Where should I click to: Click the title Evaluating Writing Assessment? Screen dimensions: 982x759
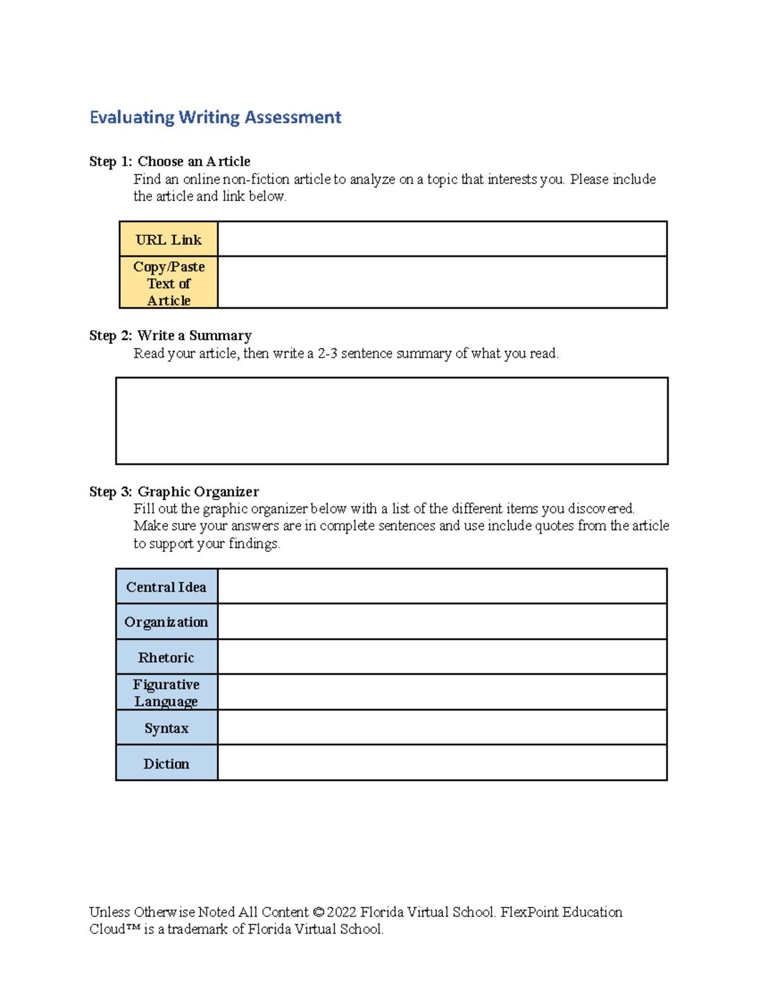(215, 118)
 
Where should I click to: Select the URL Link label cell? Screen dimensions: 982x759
(168, 240)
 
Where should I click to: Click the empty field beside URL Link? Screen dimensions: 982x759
(442, 239)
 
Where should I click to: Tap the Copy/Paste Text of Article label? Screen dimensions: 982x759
(168, 283)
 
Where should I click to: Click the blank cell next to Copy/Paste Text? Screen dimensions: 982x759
(442, 283)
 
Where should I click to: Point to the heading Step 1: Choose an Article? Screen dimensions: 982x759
(170, 162)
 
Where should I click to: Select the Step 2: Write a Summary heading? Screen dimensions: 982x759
(170, 336)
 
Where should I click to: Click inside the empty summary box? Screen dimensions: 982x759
(392, 421)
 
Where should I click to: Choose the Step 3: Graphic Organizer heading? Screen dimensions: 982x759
(174, 492)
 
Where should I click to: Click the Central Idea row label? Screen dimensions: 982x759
(166, 587)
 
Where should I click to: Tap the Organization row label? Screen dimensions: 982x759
(166, 622)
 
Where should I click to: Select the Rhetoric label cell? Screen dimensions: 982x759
(166, 658)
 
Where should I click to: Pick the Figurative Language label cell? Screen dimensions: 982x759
(166, 693)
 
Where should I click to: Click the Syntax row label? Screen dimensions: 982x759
(166, 728)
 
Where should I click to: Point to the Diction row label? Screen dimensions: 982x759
(166, 764)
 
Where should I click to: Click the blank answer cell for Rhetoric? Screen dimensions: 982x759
(442, 657)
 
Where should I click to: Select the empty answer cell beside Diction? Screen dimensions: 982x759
(442, 763)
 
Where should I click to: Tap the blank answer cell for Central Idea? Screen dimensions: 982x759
(442, 586)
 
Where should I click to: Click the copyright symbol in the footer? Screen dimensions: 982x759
(318, 912)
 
